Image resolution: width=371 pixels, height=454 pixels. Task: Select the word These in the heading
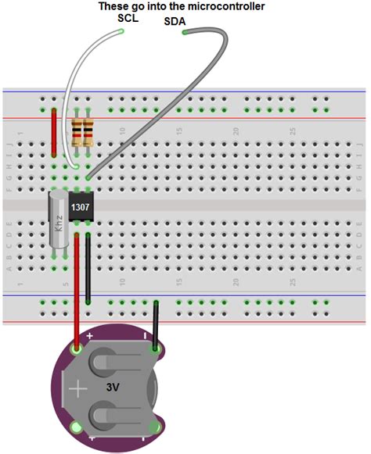115,6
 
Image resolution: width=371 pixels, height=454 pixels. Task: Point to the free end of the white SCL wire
122,31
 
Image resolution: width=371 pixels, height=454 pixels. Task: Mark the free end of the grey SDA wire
185,33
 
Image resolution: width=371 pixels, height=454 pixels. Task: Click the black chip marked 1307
81,207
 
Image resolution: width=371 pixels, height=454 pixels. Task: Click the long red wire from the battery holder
77,297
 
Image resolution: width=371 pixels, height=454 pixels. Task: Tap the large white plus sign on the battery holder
79,388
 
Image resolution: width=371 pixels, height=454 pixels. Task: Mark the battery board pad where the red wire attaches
77,349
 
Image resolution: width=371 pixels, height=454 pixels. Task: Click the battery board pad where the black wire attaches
157,348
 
